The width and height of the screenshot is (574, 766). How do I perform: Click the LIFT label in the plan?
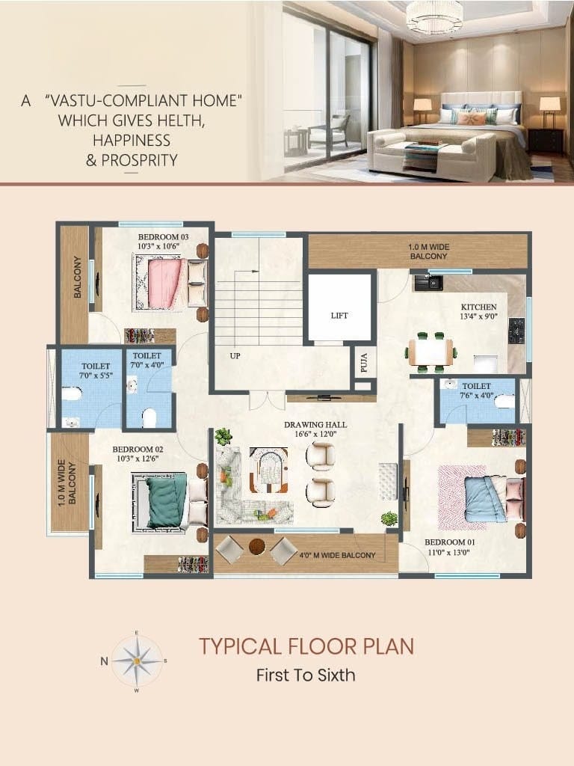coord(339,316)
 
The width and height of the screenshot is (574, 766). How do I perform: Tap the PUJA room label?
coord(364,362)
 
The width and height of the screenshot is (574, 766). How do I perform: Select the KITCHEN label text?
coord(479,307)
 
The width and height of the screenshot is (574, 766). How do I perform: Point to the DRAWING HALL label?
coord(315,425)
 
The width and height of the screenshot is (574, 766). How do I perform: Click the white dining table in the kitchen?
coord(430,352)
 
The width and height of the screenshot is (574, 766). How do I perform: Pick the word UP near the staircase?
coord(235,355)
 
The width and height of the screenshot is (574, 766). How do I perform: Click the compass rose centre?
coord(138,661)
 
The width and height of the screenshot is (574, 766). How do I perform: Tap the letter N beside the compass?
coord(104,661)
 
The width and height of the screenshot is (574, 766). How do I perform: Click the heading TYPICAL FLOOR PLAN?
coord(306,646)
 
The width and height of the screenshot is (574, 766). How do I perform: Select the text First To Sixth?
coord(306,675)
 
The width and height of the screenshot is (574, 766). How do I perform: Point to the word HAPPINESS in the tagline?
coord(132,140)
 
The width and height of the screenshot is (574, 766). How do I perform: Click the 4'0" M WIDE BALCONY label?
coord(337,555)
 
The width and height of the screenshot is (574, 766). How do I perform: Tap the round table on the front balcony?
coord(257,546)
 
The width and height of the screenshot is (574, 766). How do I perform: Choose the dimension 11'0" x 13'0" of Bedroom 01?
coord(448,553)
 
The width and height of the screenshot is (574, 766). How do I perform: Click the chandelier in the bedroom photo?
coord(434,17)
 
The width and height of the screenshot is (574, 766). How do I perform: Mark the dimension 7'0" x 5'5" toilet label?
coord(96,376)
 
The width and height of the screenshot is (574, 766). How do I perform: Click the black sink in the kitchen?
coord(428,282)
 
